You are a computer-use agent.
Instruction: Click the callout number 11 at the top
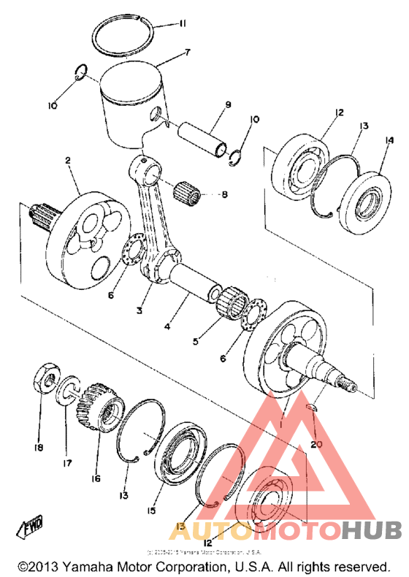182,24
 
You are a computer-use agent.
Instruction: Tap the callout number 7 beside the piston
188,53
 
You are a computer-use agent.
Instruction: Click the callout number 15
151,511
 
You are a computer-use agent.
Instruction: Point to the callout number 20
315,444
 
